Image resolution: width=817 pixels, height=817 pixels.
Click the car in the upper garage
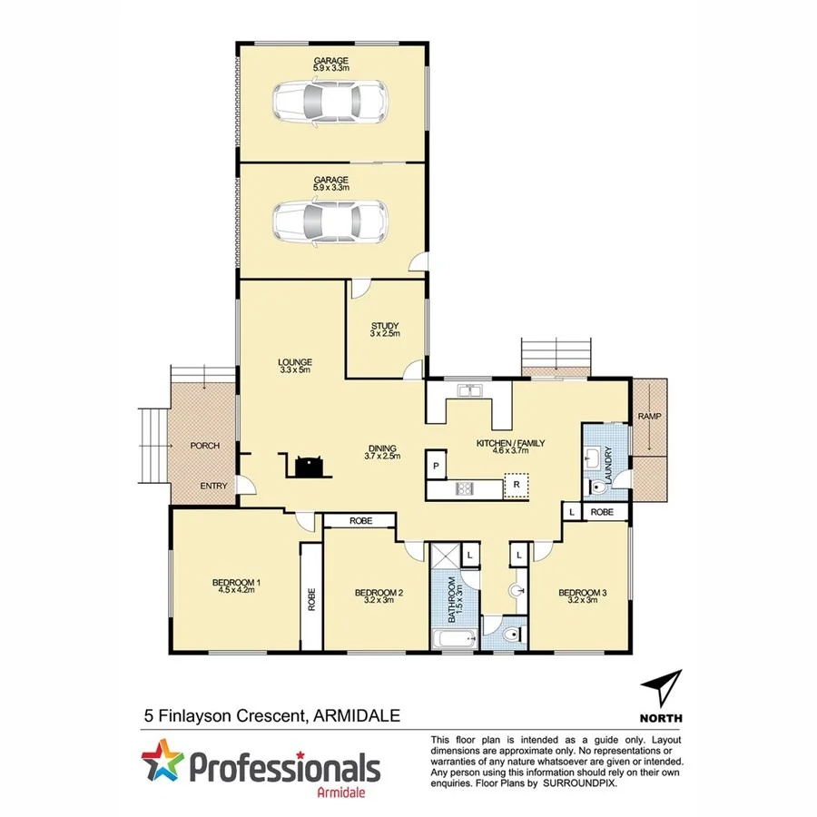(331, 101)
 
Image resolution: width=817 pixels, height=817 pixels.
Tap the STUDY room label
(385, 330)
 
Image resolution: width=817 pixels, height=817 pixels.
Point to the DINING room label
(384, 450)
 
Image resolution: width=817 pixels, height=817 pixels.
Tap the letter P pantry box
(437, 467)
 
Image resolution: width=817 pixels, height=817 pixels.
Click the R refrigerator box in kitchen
(516, 485)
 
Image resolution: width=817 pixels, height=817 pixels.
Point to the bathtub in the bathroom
(453, 639)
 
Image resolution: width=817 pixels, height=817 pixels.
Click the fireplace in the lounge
(306, 466)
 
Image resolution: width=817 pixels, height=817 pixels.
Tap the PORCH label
(203, 447)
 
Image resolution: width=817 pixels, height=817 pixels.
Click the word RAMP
(650, 417)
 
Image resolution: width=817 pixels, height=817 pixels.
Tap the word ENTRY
(214, 487)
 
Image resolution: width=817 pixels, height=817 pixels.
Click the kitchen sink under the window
(469, 391)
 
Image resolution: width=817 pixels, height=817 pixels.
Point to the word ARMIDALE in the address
(356, 715)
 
